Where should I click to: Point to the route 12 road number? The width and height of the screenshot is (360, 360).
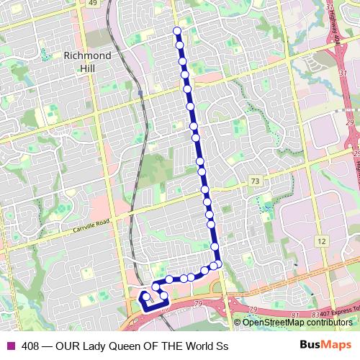(321, 240)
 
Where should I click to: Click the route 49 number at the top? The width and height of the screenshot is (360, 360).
(92, 3)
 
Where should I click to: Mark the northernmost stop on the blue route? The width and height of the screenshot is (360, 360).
(177, 31)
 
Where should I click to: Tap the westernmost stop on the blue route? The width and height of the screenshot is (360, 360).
(145, 296)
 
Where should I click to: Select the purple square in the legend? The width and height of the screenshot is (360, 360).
(9, 346)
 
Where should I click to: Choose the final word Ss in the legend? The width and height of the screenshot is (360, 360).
(222, 346)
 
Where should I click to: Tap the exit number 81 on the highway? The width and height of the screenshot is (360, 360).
(295, 315)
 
